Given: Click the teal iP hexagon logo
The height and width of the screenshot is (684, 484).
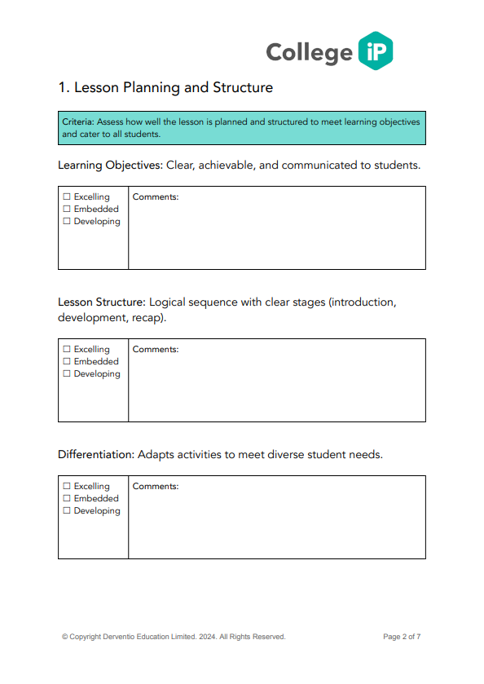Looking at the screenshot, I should click(x=375, y=51).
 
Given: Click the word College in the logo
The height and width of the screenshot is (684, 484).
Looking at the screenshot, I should click(x=309, y=52).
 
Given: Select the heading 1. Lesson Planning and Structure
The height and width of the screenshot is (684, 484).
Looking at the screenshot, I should click(x=165, y=87).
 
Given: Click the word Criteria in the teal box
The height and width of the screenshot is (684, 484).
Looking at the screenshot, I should click(x=78, y=121).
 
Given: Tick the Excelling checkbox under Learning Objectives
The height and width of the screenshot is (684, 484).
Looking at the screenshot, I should click(x=67, y=197).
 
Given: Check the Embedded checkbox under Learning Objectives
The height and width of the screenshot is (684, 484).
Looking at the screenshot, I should click(x=67, y=210).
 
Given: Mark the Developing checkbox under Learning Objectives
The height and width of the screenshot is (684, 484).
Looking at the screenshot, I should click(x=67, y=222).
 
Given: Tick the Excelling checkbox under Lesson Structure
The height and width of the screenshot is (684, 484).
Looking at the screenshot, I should click(x=67, y=350).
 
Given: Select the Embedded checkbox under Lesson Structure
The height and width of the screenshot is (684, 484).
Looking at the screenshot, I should click(x=67, y=362).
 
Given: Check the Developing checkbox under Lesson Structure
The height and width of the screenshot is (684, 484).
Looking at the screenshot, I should click(x=67, y=374).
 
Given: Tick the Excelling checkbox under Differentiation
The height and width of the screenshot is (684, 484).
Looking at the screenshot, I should click(x=67, y=487).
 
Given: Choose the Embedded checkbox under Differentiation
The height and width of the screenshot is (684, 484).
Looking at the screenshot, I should click(x=67, y=499).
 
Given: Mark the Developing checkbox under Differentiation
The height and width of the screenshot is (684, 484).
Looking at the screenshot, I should click(x=67, y=511).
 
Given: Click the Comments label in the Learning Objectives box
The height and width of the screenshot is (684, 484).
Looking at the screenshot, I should click(x=156, y=197).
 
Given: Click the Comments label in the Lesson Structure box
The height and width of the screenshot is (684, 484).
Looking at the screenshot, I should click(x=156, y=350).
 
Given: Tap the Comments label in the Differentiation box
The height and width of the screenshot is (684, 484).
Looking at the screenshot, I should click(x=156, y=487).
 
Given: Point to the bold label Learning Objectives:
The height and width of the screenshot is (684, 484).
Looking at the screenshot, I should click(x=110, y=165).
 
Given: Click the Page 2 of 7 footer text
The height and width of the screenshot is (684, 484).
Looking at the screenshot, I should click(x=402, y=637).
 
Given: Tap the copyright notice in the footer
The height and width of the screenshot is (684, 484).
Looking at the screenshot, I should click(x=174, y=637).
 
